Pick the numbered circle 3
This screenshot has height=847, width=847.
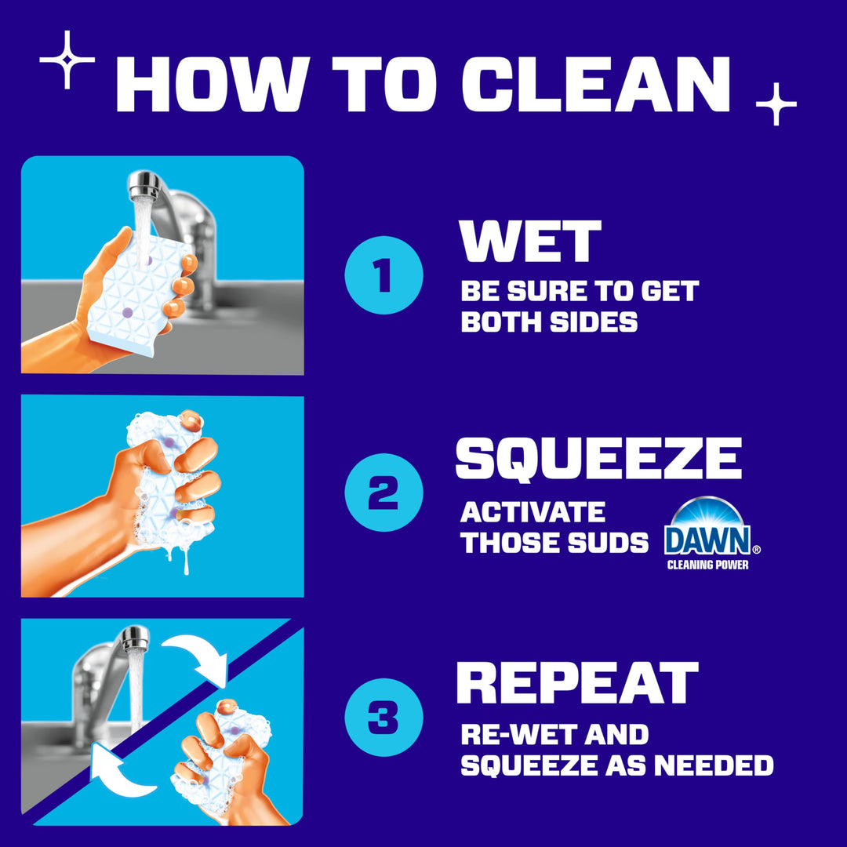coord(384,716)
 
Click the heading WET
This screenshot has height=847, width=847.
coord(530,242)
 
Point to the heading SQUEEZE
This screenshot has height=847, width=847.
coord(598,459)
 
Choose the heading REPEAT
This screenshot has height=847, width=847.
coord(576,683)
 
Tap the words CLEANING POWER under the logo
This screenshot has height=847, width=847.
coord(707,565)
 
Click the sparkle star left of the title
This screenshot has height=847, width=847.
coord(67,60)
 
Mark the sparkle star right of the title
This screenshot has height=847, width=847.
coord(776,104)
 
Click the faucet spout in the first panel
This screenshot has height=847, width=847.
coord(145,186)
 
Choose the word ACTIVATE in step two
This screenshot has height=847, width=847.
coord(533,512)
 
